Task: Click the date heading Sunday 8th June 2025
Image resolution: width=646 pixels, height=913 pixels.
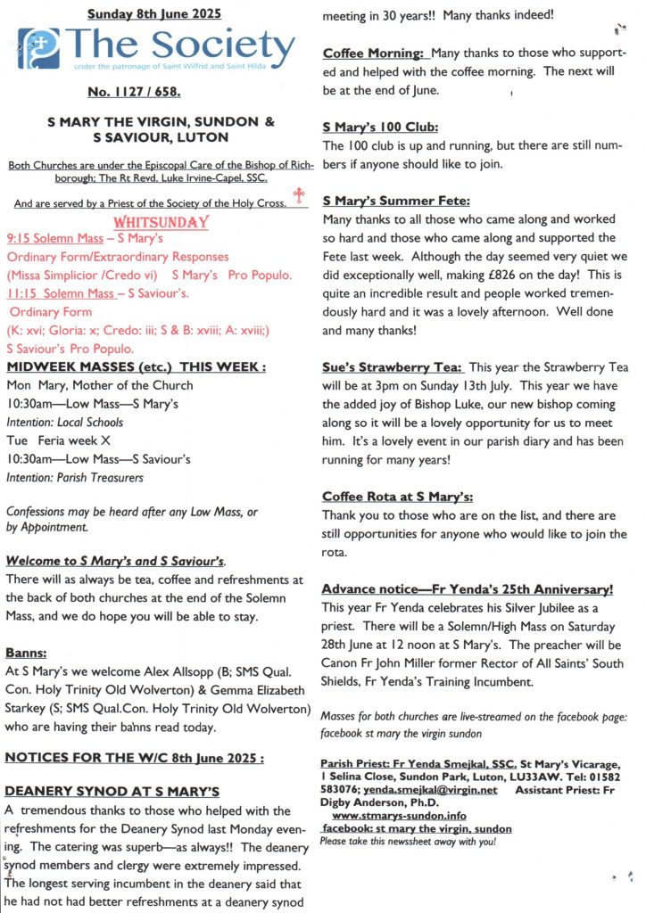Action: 154,13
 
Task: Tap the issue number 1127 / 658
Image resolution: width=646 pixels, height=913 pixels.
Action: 153,90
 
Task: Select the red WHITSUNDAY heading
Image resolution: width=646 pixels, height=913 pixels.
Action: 161,222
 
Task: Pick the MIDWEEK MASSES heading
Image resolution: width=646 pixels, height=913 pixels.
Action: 136,367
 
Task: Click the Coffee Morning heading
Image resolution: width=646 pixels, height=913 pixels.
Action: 373,53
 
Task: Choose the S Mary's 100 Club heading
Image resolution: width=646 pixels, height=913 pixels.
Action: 380,127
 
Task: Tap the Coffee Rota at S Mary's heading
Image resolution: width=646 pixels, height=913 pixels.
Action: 397,497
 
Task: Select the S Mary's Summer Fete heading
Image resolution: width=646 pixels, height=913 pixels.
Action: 396,201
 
